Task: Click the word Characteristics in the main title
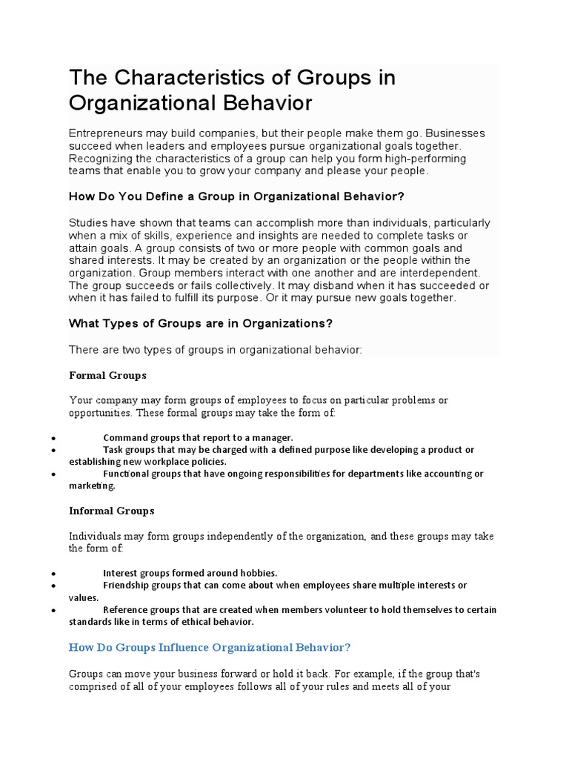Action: click(x=188, y=78)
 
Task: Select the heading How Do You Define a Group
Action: click(x=236, y=196)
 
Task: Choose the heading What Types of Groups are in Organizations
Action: click(x=200, y=323)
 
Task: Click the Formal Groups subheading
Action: click(x=107, y=375)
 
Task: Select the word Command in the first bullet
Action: click(x=124, y=437)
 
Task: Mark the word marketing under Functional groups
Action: click(x=92, y=486)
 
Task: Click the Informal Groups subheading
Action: click(x=111, y=511)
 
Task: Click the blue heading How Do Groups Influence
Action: click(x=209, y=647)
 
